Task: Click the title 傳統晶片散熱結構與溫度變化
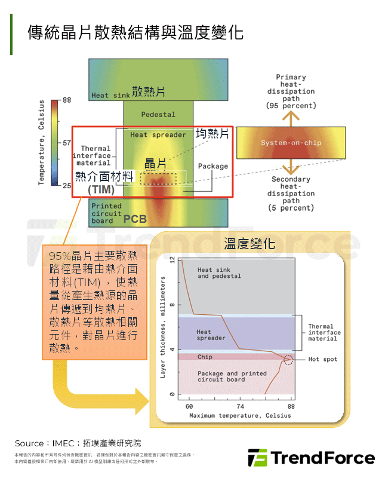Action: click(136, 32)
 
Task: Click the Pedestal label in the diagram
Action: click(158, 114)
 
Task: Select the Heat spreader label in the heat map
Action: click(158, 134)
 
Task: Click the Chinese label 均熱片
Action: click(213, 134)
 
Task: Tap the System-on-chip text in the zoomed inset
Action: click(291, 143)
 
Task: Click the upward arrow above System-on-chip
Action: click(291, 118)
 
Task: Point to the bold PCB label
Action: click(135, 219)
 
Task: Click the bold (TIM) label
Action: click(101, 190)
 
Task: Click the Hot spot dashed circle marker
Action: click(289, 360)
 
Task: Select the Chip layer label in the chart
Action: click(205, 357)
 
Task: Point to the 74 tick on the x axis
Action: click(239, 406)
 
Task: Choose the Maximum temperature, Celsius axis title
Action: click(240, 415)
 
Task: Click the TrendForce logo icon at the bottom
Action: click(257, 458)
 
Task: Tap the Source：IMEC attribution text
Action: click(78, 443)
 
